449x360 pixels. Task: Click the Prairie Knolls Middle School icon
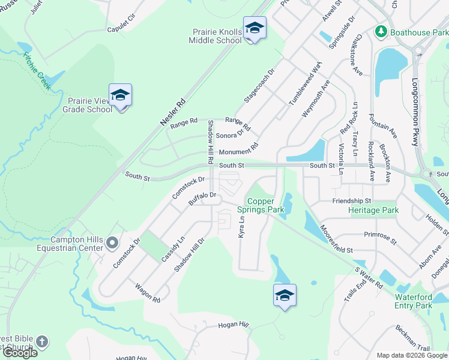(255, 29)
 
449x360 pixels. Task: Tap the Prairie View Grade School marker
(120, 95)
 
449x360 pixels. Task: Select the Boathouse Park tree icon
(380, 31)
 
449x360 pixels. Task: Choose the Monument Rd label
(238, 149)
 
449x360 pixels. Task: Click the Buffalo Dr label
(202, 199)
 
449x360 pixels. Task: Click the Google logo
(20, 353)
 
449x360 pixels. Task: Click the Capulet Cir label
(122, 29)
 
